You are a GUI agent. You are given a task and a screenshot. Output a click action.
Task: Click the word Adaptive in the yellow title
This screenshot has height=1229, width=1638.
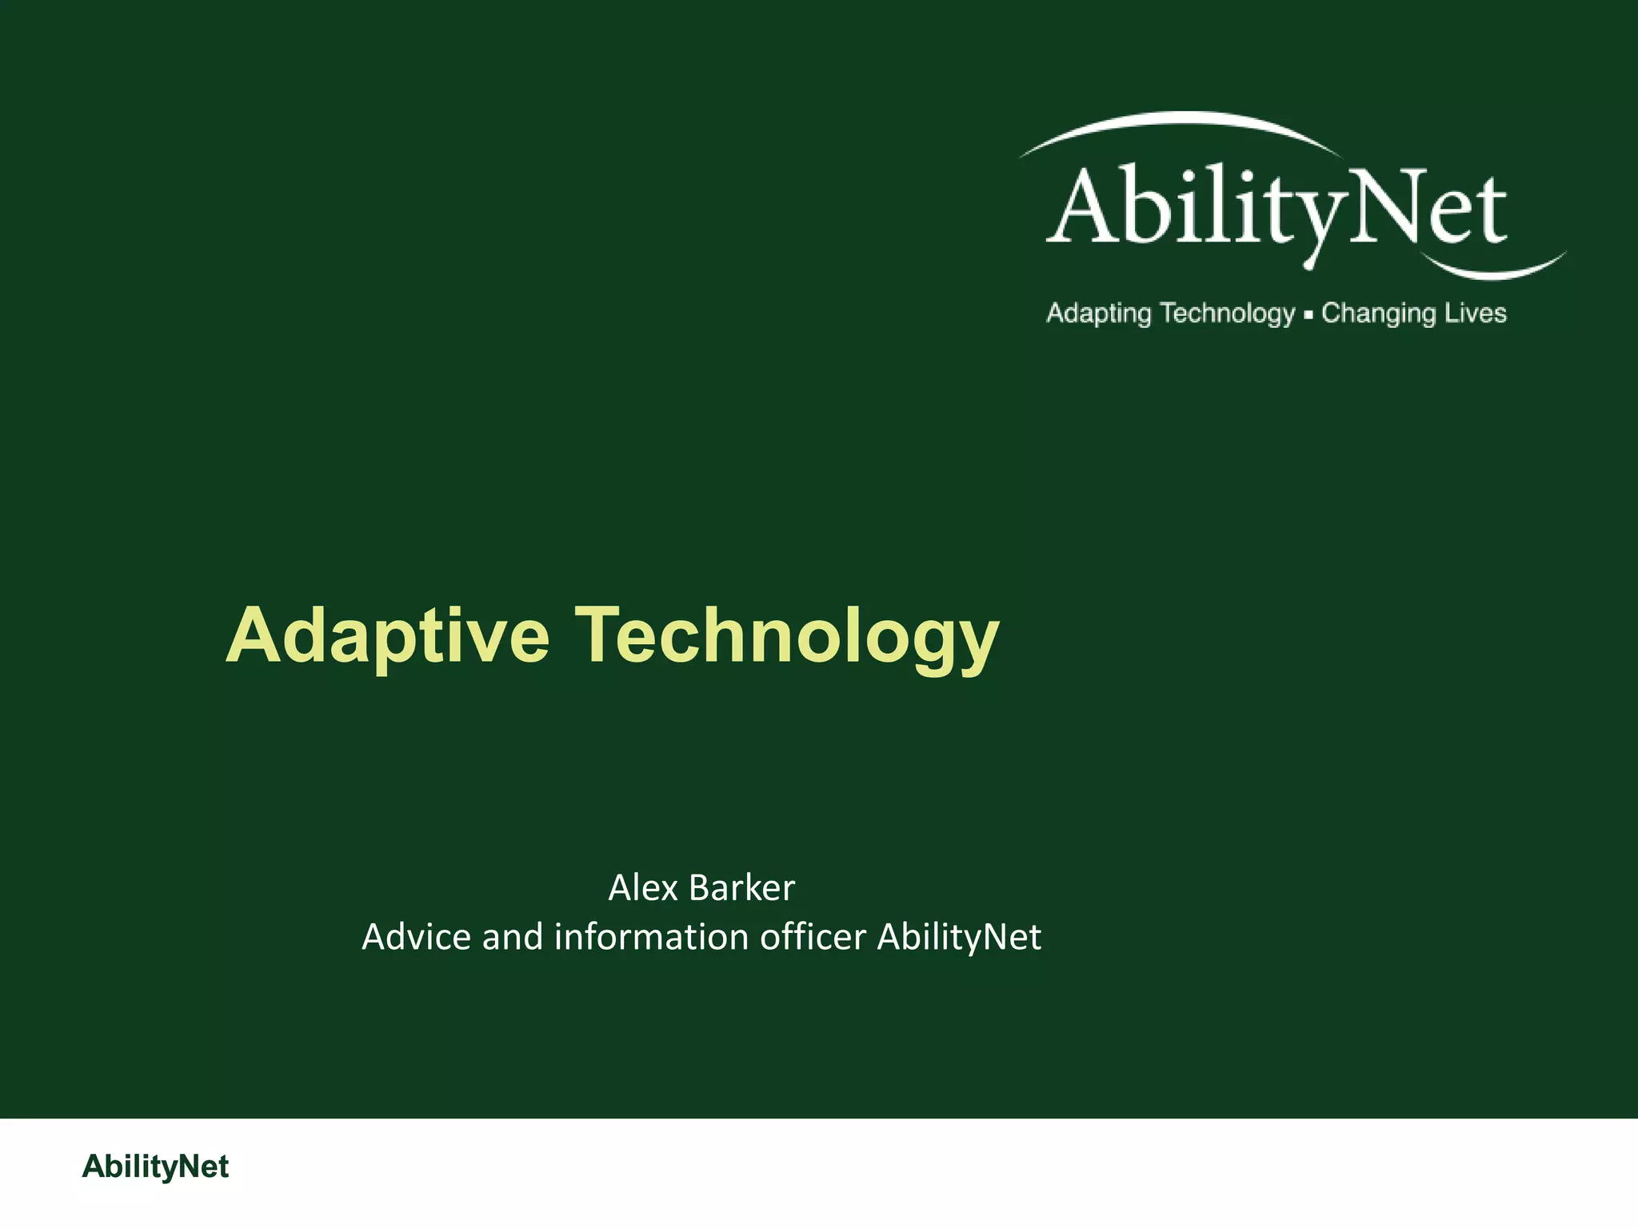coord(388,636)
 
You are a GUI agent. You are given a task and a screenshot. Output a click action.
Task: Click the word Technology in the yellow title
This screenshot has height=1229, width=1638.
coord(788,636)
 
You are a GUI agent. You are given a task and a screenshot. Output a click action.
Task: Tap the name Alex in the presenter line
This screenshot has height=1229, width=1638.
coord(642,887)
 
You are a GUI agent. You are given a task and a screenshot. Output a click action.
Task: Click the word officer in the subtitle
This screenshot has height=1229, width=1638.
coord(813,937)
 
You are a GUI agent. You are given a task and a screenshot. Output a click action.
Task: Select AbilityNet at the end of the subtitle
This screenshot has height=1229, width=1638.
coord(959,937)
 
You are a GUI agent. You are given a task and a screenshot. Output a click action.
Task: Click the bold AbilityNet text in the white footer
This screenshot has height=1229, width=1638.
coord(155,1167)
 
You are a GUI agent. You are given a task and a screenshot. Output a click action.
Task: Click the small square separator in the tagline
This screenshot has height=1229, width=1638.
coord(1308,315)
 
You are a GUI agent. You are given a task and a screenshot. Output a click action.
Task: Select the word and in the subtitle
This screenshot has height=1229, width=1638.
coord(512,937)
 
